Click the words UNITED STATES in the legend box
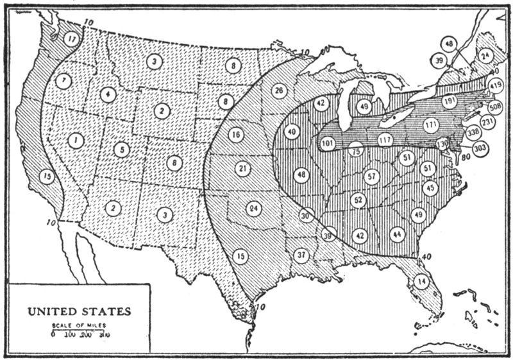click(79, 313)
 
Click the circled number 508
click(495, 106)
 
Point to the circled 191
click(449, 101)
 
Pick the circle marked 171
click(432, 124)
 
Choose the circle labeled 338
click(474, 133)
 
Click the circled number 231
click(488, 121)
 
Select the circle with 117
click(385, 139)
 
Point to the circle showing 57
click(371, 176)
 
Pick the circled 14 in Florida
click(421, 280)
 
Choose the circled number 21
click(242, 169)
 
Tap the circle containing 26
click(278, 90)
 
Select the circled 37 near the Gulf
click(301, 255)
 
